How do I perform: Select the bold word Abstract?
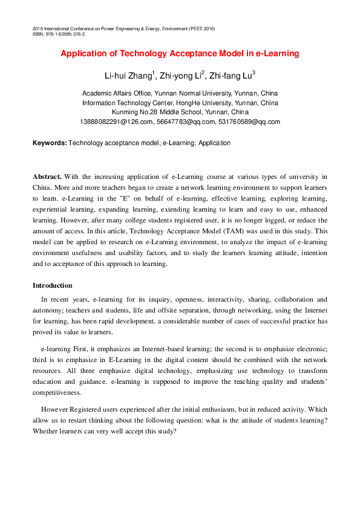47,177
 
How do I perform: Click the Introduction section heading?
52,285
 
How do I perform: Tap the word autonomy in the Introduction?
47,310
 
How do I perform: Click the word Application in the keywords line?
215,143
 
